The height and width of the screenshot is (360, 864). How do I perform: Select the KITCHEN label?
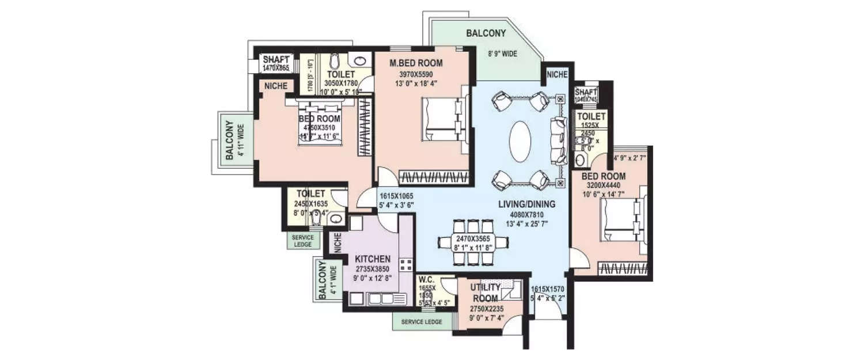(x=374, y=259)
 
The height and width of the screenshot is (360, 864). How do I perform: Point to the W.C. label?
(x=427, y=278)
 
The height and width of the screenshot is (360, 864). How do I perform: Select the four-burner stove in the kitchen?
(x=406, y=264)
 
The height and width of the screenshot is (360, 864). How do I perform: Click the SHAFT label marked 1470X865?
(x=276, y=60)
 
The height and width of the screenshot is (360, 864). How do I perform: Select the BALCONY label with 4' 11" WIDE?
(x=229, y=140)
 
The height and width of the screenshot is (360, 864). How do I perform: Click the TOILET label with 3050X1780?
(x=340, y=74)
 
